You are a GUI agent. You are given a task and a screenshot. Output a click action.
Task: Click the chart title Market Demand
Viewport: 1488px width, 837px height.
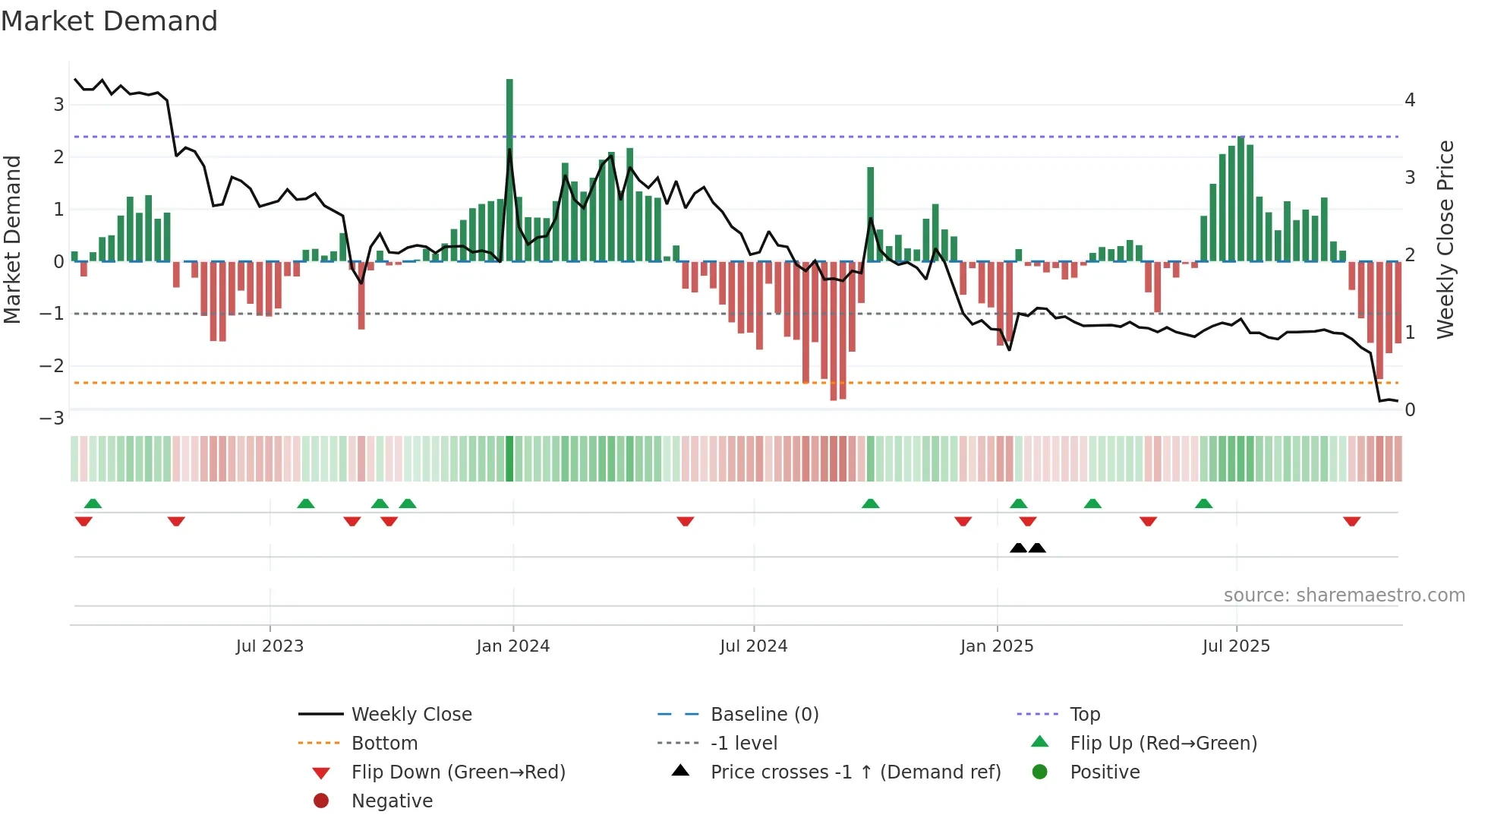coord(109,21)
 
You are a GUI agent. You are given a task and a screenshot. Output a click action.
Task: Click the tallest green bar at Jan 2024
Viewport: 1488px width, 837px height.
coord(509,167)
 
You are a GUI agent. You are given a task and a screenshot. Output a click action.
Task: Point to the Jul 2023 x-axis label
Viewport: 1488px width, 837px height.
coord(270,646)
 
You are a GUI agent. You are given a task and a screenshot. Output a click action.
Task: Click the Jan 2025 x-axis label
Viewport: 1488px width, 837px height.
coord(996,646)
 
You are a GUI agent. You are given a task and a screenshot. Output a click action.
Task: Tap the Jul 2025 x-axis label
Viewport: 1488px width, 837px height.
coord(1236,646)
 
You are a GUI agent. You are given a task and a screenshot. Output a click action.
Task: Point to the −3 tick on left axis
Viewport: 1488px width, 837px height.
coord(52,418)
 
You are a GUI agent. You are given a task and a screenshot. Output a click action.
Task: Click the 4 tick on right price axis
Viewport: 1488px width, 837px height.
coord(1410,100)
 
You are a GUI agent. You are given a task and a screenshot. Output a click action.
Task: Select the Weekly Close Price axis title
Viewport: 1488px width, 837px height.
coord(1445,239)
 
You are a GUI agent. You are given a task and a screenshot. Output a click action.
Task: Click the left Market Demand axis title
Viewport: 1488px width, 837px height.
coord(12,239)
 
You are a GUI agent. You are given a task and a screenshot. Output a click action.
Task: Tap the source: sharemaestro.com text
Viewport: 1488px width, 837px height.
coord(1344,595)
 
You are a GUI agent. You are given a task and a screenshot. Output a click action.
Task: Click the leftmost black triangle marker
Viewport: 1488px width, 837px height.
coord(1018,548)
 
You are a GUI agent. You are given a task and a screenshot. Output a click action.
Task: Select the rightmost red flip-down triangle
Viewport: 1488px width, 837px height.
coord(1351,521)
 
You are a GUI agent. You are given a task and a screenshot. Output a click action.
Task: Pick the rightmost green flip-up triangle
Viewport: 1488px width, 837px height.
coord(1203,504)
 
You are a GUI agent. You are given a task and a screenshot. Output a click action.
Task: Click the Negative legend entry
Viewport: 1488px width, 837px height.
coord(392,801)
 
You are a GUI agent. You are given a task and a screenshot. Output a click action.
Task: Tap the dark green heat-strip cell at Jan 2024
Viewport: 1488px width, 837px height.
coord(509,459)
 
